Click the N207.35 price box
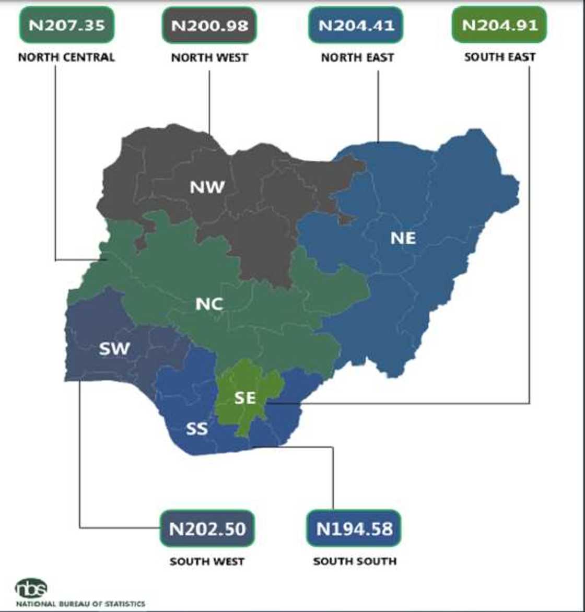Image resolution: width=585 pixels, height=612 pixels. [66, 25]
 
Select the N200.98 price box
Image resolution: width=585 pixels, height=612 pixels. [209, 25]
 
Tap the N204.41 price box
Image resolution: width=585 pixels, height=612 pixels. [357, 25]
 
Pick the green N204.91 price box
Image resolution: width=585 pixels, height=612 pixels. [499, 25]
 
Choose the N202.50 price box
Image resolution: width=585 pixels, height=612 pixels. [207, 528]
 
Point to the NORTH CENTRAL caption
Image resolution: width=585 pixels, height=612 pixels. [66, 57]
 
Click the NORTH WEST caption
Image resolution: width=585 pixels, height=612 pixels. [209, 57]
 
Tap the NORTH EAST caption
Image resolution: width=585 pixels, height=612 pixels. [357, 57]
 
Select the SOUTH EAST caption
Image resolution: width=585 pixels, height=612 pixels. [500, 57]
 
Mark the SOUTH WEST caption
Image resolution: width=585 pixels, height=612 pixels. [207, 562]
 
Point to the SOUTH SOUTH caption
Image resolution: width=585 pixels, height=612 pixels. [355, 562]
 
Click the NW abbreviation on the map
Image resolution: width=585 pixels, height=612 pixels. [207, 186]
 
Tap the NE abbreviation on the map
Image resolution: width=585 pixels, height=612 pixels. [403, 238]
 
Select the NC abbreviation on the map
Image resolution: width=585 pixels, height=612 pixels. [209, 303]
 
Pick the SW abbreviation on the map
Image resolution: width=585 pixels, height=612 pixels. [114, 348]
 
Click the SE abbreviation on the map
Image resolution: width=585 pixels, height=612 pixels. [245, 398]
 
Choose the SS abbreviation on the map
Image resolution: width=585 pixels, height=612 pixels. [197, 429]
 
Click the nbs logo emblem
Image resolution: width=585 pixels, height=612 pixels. [31, 589]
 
